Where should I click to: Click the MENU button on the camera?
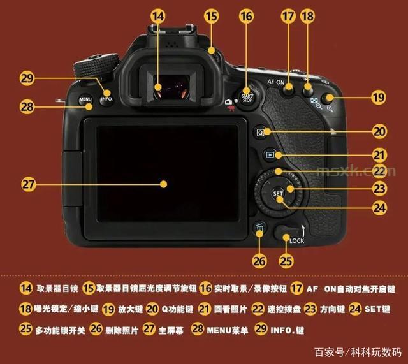pos(85,99)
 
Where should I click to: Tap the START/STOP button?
pos(247,98)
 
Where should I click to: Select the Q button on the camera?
pos(260,132)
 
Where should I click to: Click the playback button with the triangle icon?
pos(270,155)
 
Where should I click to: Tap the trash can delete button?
pos(259,228)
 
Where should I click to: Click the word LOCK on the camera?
pos(296,241)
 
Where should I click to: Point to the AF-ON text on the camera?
pos(276,82)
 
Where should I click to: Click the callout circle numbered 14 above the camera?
pos(158,16)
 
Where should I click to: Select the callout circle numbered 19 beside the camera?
pos(379,98)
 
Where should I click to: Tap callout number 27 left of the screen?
pos(28,184)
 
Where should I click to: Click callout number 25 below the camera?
pos(286,261)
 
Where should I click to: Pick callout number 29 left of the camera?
pos(27,78)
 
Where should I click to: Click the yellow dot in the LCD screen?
pos(163,184)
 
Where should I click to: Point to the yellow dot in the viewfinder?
pos(158,87)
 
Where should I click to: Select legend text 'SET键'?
pos(377,309)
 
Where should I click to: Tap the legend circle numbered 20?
pos(152,309)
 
